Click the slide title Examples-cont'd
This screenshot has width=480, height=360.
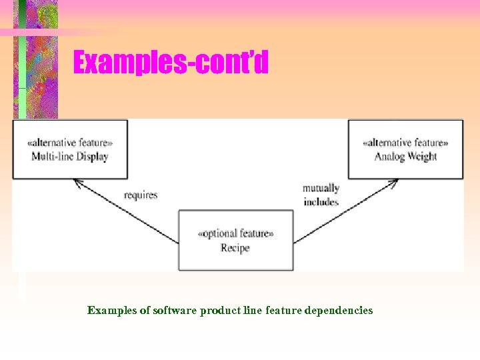pos(171,63)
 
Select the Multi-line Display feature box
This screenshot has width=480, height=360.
pos(70,149)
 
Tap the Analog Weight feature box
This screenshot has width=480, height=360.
pos(405,149)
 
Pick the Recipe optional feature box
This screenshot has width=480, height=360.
pos(235,240)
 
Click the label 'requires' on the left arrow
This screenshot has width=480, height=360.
pos(141,195)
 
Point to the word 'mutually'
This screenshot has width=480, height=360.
pos(321,189)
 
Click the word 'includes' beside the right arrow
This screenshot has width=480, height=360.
pos(321,202)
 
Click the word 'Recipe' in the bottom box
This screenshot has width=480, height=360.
pos(235,248)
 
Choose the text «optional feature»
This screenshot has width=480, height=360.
pos(235,234)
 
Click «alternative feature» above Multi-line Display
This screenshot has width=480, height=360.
pos(70,143)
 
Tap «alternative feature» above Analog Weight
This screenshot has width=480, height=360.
pos(405,143)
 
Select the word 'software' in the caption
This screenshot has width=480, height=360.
pos(175,311)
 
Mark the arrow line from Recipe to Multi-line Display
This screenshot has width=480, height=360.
pos(127,211)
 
